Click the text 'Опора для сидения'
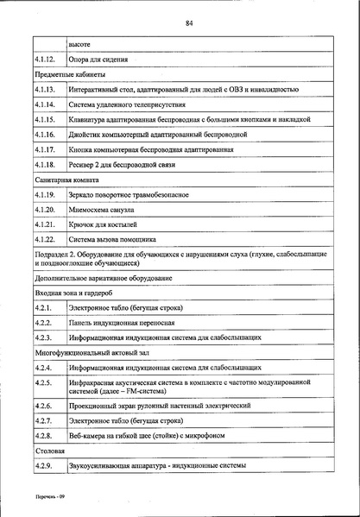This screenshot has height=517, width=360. point(98,60)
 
